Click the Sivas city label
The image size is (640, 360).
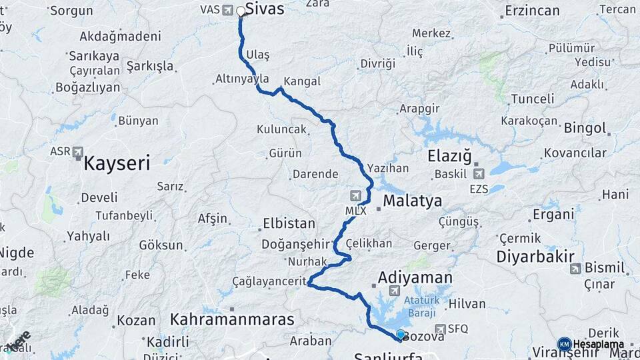click(x=265, y=9)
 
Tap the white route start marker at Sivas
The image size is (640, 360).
click(x=241, y=11)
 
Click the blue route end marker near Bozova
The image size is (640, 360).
click(x=400, y=335)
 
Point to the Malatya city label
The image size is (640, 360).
click(x=413, y=201)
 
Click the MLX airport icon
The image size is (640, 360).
click(x=357, y=196)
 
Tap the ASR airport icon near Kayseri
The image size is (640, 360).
click(x=79, y=152)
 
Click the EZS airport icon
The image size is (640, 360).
click(x=478, y=174)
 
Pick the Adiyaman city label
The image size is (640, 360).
click(x=415, y=277)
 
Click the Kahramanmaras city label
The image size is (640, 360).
click(x=232, y=319)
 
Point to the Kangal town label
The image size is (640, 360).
click(x=302, y=81)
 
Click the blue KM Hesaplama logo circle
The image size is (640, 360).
click(x=563, y=344)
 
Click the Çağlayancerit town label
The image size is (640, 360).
click(x=269, y=281)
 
